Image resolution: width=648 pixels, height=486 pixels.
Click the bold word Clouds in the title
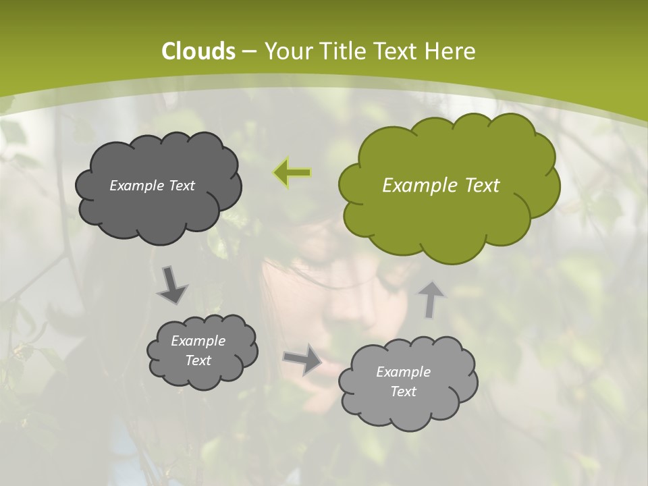point(198,51)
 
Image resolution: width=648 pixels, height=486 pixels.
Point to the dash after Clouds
point(248,52)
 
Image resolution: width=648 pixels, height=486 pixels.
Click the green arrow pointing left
point(292,173)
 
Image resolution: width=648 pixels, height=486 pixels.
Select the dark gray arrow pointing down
point(172,284)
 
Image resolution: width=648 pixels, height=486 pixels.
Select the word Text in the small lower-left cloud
point(198,360)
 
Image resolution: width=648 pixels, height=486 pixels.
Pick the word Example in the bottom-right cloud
point(403,372)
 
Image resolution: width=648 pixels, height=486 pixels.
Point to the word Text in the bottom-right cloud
point(403,391)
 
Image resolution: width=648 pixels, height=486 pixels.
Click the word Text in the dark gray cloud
point(181,186)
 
